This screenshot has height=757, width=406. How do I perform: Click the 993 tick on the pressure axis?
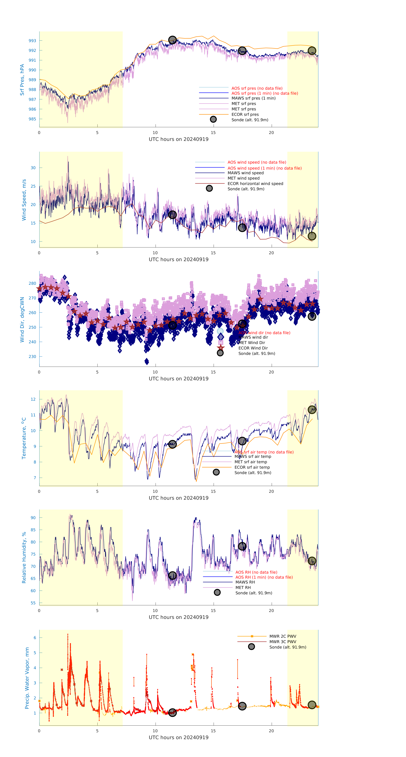[32, 41]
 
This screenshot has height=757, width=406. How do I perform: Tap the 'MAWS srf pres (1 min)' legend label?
[253, 98]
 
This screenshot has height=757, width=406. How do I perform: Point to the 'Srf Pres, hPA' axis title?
[22, 80]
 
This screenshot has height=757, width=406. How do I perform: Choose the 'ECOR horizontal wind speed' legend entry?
[255, 184]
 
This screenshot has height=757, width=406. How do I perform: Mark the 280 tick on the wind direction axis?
[32, 283]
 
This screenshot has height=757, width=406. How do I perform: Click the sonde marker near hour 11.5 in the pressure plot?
[172, 40]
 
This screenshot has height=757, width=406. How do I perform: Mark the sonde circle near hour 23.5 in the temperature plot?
[312, 410]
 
